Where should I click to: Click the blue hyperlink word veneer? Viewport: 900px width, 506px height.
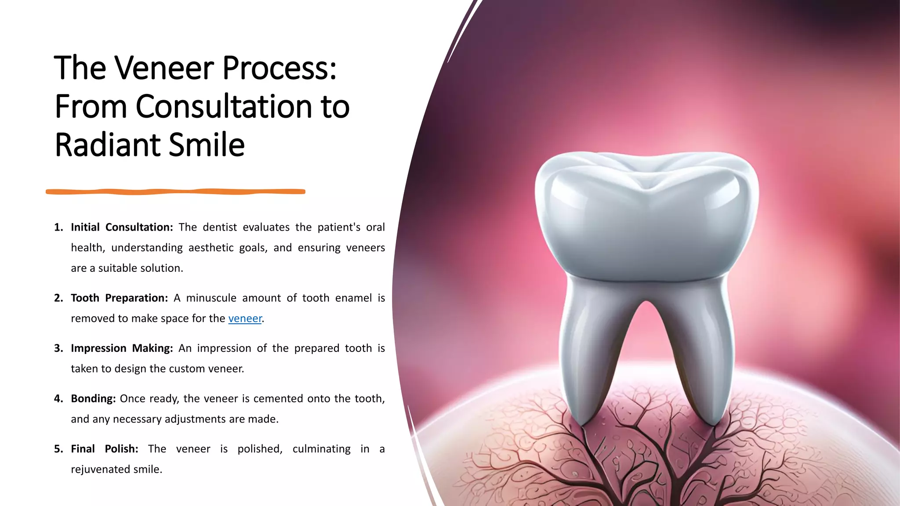click(x=245, y=318)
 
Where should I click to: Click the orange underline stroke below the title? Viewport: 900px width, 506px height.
click(x=176, y=192)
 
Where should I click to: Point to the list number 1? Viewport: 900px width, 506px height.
click(x=58, y=228)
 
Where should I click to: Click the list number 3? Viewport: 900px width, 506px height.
click(x=58, y=348)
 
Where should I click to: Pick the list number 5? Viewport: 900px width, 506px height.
click(x=58, y=449)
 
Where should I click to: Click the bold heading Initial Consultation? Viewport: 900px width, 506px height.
click(x=122, y=228)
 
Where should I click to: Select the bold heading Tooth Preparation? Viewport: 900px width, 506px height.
click(x=119, y=298)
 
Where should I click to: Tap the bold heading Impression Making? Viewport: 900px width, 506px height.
click(x=122, y=348)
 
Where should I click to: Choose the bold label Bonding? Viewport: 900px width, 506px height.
click(x=93, y=399)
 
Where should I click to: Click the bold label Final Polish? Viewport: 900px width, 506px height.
click(x=104, y=449)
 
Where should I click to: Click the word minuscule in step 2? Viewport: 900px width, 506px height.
click(x=211, y=298)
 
